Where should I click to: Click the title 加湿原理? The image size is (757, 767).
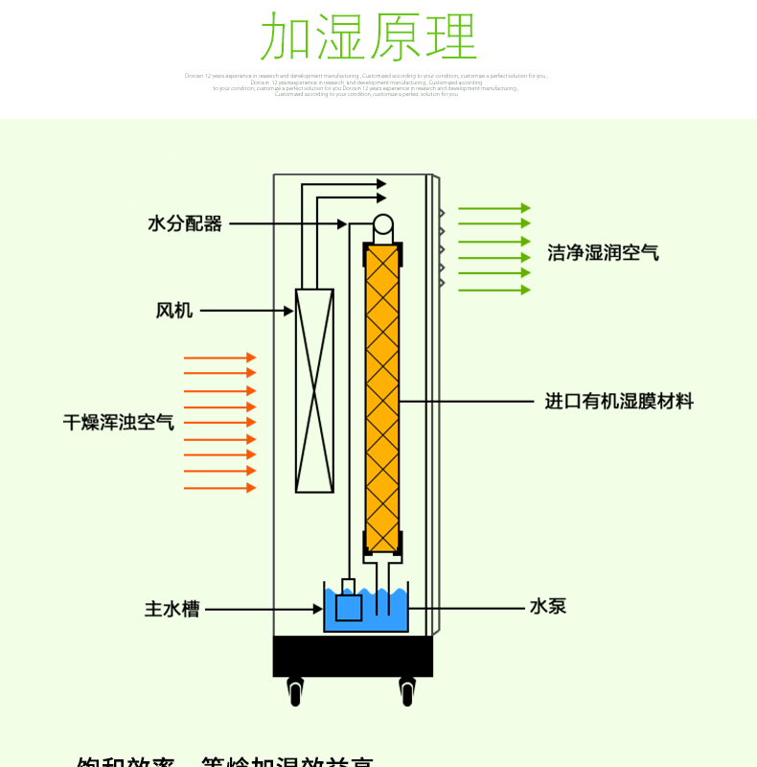tap(369, 37)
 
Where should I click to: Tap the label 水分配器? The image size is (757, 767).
tap(185, 223)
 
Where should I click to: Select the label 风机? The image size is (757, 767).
tap(174, 311)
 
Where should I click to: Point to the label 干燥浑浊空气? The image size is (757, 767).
tap(119, 422)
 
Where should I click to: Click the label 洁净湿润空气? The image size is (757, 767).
tap(603, 253)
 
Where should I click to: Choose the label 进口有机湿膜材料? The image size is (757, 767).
tap(619, 402)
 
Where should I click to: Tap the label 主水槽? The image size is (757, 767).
tap(172, 609)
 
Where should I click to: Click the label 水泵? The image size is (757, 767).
tap(548, 606)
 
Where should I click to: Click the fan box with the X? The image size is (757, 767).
tap(314, 390)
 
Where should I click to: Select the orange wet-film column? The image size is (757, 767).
tap(382, 398)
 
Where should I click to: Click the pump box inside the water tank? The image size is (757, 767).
tap(348, 607)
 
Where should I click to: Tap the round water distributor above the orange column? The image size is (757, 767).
tap(382, 226)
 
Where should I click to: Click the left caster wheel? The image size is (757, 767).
tap(295, 690)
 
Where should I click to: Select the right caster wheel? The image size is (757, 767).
tap(407, 690)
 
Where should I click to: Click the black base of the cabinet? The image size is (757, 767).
tap(353, 656)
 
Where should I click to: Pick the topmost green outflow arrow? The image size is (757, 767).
tap(493, 208)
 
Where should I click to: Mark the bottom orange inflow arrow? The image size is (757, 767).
tap(220, 488)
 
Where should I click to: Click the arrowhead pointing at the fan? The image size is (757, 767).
tap(288, 311)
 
